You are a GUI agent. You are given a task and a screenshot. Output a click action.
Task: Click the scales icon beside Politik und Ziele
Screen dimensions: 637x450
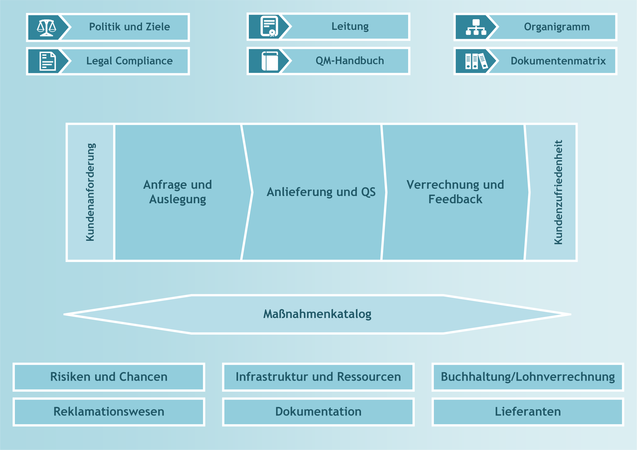(x=46, y=28)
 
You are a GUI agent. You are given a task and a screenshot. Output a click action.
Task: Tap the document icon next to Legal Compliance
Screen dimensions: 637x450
(x=47, y=61)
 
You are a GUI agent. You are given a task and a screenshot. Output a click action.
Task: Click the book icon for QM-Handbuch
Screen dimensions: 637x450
(x=270, y=61)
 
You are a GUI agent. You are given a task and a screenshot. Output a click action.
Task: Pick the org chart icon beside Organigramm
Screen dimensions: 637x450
(x=476, y=27)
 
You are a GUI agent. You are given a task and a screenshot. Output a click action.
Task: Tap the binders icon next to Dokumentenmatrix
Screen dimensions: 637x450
(x=476, y=61)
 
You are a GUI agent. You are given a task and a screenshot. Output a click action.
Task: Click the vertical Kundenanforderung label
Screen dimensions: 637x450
(x=90, y=192)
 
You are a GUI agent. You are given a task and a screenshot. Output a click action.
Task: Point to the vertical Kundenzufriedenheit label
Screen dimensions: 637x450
(x=558, y=192)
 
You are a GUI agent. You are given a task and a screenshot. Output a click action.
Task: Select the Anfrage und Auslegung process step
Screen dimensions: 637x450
(x=177, y=192)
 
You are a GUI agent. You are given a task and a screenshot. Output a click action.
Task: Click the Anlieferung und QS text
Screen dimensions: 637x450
(x=321, y=192)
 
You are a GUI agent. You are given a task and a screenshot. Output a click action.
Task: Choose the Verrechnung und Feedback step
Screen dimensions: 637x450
(x=455, y=192)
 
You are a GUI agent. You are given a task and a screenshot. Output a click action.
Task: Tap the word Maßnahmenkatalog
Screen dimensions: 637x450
(x=317, y=314)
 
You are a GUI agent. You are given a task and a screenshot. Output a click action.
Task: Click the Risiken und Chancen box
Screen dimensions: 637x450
(x=109, y=377)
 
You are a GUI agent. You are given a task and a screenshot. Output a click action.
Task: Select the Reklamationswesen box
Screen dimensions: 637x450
(x=109, y=412)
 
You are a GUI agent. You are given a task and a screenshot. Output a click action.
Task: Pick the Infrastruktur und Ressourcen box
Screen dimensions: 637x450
(x=318, y=377)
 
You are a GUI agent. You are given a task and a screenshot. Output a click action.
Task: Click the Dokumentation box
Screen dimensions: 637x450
(x=318, y=412)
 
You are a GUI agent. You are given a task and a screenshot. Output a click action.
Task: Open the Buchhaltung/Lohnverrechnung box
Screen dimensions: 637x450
(x=528, y=377)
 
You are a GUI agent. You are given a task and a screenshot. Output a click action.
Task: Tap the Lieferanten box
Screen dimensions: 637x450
(x=528, y=412)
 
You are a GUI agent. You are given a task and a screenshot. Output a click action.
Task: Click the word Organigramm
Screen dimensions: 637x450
(x=557, y=27)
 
